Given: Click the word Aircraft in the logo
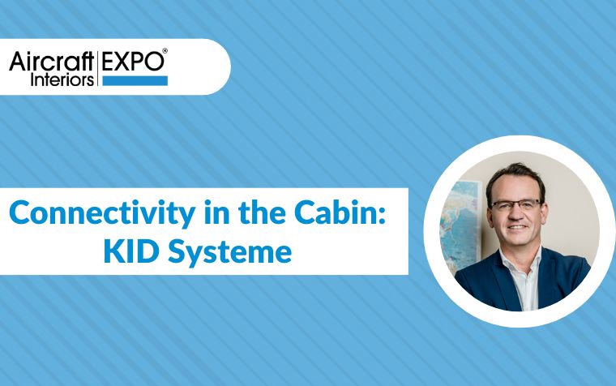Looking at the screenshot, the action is (x=52, y=61).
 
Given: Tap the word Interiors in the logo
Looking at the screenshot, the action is (x=62, y=79).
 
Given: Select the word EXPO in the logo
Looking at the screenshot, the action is (x=133, y=61).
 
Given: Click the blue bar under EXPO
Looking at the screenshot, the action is (x=135, y=81).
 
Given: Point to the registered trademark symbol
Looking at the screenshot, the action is (x=165, y=51).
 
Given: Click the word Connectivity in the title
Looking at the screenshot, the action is (x=102, y=213).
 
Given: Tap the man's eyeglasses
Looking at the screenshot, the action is (x=516, y=205).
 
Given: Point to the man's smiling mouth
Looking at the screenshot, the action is (x=517, y=227).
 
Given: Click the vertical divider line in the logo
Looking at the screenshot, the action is (x=98, y=68).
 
